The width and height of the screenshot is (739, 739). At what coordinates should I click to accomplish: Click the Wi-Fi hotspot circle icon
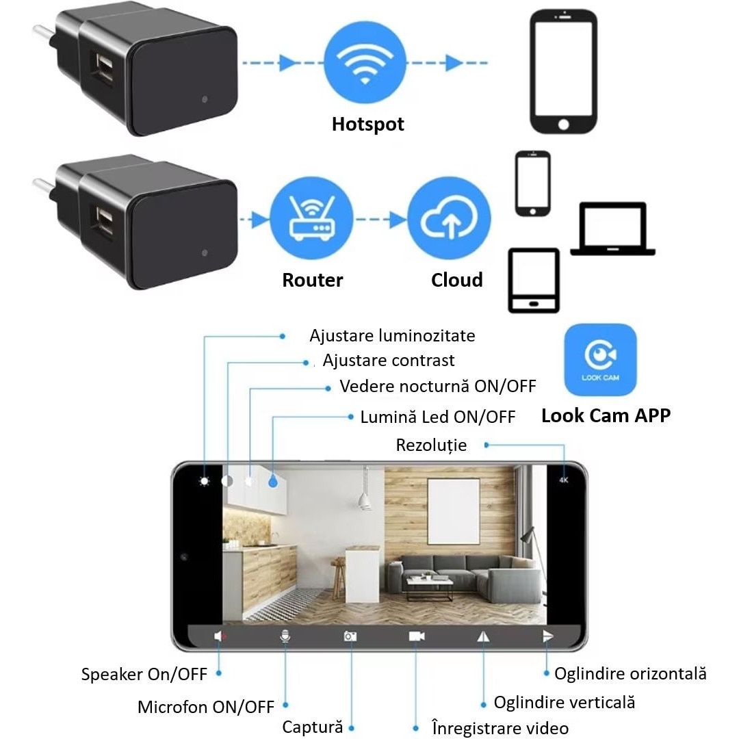[364, 63]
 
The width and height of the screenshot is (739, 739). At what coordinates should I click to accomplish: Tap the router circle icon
[311, 219]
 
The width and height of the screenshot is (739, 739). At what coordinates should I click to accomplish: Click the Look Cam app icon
[600, 360]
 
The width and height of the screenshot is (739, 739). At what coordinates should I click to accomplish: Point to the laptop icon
[612, 230]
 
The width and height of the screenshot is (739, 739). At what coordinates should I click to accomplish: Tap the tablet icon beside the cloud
[533, 281]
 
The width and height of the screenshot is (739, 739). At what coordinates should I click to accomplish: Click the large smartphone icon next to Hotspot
[563, 71]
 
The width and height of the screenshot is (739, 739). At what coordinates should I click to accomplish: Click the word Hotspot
[367, 125]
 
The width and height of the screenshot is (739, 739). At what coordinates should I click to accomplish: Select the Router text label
[312, 280]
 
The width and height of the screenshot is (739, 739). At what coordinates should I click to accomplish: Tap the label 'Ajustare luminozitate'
[391, 336]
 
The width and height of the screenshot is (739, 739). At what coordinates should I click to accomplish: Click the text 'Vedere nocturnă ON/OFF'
[437, 387]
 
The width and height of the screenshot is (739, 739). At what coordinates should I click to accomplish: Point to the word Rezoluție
[431, 445]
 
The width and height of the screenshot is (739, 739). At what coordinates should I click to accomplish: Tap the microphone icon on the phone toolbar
[285, 636]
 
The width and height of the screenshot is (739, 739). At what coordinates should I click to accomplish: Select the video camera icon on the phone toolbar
[417, 636]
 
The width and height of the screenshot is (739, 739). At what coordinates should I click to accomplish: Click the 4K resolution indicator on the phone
[564, 480]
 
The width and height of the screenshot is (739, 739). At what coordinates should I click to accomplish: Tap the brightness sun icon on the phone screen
[204, 481]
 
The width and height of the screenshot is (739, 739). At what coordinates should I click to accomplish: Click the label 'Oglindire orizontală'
[630, 674]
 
